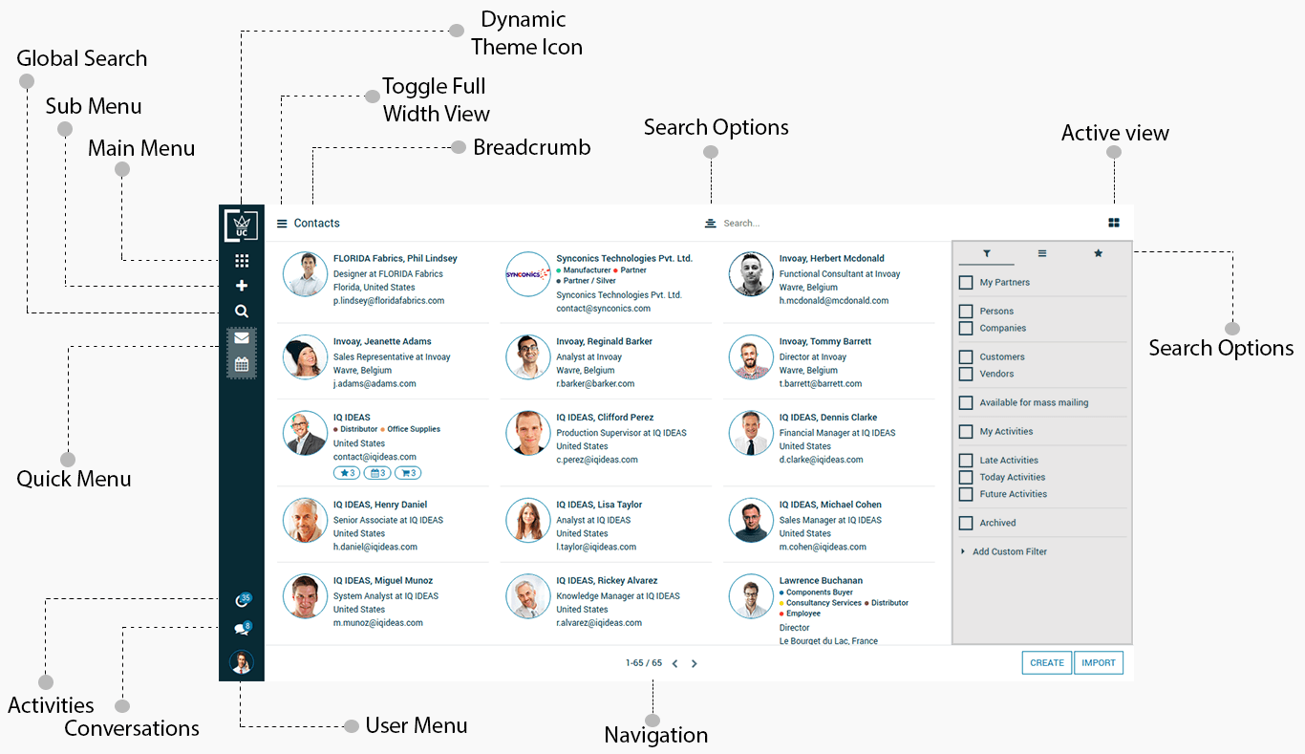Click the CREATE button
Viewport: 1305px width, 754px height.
click(x=1047, y=662)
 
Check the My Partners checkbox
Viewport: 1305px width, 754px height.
click(x=966, y=283)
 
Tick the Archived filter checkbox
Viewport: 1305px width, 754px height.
click(x=966, y=523)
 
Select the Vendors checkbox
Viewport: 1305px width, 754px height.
click(x=966, y=374)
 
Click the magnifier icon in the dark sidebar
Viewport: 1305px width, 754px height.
click(x=242, y=311)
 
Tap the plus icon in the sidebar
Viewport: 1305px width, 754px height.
click(x=242, y=286)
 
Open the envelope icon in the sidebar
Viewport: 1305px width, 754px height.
click(x=242, y=338)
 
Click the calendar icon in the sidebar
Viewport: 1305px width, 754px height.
click(x=242, y=364)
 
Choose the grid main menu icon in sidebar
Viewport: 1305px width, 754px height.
click(x=242, y=261)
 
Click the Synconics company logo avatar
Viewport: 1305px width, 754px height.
click(x=528, y=274)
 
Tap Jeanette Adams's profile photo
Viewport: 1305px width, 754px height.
click(x=306, y=357)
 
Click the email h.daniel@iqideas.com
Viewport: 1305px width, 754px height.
click(x=375, y=547)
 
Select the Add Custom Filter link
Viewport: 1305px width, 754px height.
click(x=1010, y=551)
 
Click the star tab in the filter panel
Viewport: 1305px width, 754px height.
click(x=1098, y=253)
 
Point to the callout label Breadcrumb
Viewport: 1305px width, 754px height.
click(x=532, y=147)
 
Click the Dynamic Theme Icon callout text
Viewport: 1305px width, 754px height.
click(x=525, y=33)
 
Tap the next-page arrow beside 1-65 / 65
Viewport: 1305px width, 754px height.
click(x=695, y=663)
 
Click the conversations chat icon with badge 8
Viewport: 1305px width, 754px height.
click(x=241, y=630)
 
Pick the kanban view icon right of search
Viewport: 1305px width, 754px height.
click(x=1114, y=223)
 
